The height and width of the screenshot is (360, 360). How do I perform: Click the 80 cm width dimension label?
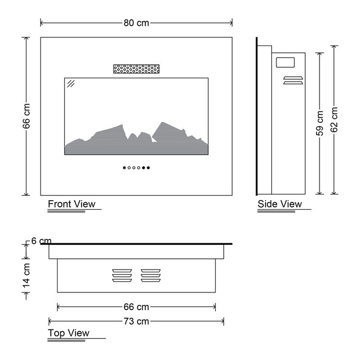pos(136,23)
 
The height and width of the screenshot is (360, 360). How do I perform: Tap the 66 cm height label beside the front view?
pos(26,116)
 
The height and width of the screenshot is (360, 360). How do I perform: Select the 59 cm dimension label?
pos(320,123)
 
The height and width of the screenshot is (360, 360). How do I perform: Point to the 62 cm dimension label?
pos(334,120)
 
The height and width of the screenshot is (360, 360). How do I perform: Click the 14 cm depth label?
pos(26,276)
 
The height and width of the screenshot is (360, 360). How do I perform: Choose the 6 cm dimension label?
pos(41,241)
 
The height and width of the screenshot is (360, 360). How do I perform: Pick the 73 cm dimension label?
pos(136,321)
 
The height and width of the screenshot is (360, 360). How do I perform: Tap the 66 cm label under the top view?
pos(136,307)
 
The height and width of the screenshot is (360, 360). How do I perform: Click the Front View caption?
pos(72,204)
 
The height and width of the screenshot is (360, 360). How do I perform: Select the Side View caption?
pos(280,204)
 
